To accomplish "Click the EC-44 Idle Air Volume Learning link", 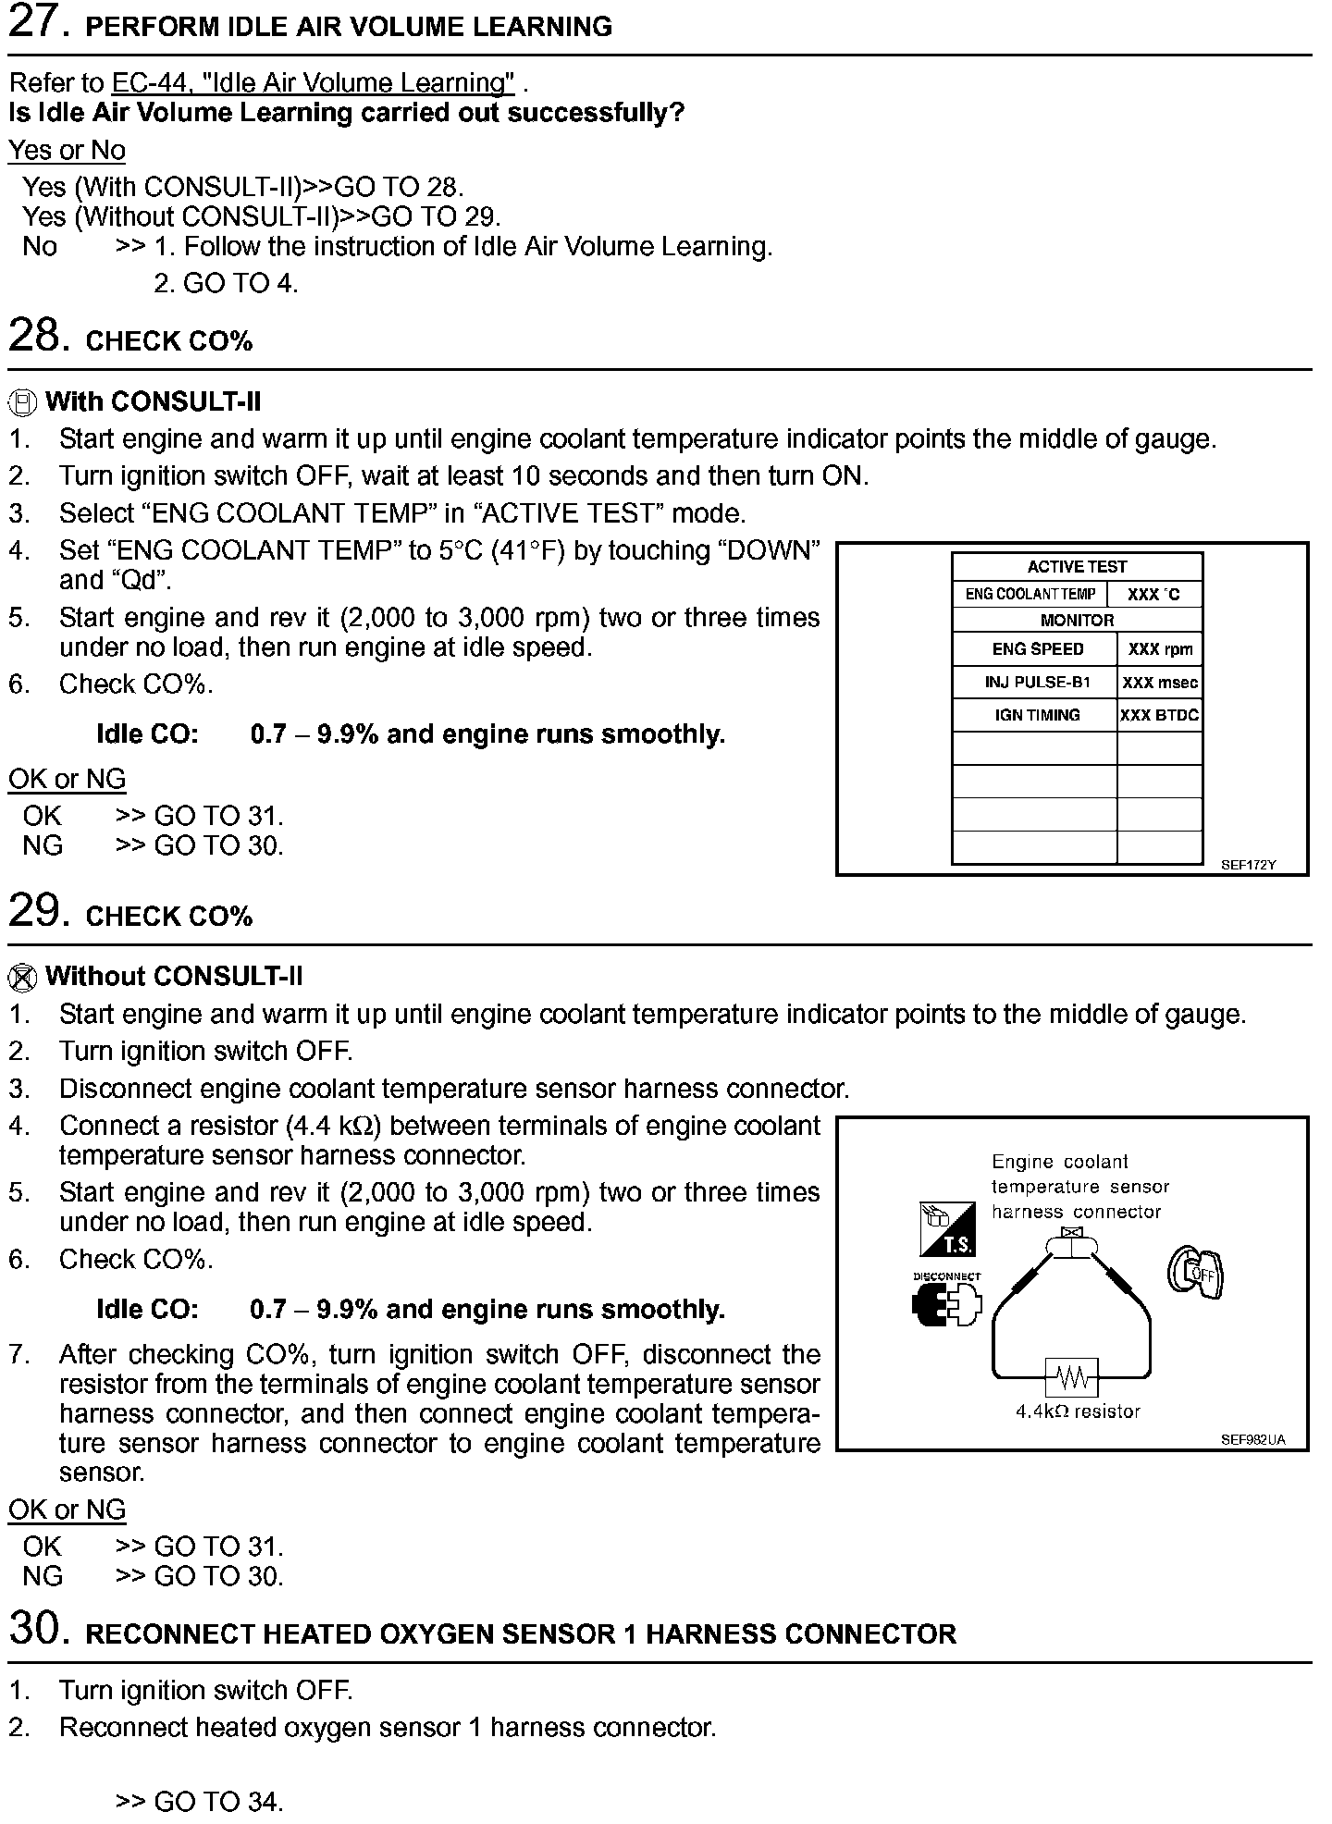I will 313,83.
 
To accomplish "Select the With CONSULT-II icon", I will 22,402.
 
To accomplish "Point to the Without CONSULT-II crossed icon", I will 22,978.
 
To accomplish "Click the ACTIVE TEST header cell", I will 1077,566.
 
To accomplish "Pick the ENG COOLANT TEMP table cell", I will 1030,594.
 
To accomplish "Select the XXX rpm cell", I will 1160,649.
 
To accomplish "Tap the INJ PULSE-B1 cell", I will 1036,683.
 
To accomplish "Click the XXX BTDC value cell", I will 1160,715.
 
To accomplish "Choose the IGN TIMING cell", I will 1036,715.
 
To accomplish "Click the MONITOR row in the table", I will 1077,620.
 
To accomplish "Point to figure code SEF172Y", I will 1248,865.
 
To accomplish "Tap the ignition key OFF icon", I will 1195,1275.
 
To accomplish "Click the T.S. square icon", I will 948,1228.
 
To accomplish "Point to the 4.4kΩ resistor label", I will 1078,1411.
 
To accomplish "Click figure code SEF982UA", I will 1252,1439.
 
